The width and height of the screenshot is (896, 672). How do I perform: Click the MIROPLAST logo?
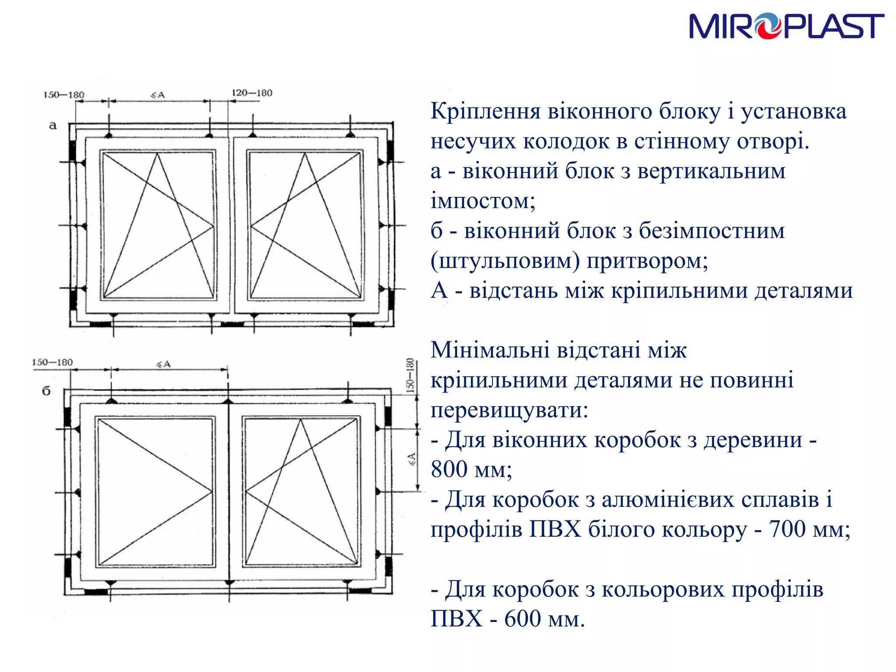click(786, 26)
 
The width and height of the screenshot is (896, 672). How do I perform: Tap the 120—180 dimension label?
click(252, 93)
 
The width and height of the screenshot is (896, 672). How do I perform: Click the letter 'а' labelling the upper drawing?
click(53, 126)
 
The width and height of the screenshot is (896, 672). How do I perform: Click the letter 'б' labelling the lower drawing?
click(46, 391)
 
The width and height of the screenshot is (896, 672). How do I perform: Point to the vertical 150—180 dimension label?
click(410, 375)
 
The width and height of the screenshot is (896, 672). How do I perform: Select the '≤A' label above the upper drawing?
click(157, 94)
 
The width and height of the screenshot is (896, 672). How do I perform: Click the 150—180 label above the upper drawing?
click(64, 95)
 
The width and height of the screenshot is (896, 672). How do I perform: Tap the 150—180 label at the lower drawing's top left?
click(52, 362)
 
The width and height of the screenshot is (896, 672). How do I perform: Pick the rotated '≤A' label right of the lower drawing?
click(412, 459)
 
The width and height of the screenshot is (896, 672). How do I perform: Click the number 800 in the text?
click(449, 469)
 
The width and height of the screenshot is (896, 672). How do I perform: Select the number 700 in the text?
click(787, 529)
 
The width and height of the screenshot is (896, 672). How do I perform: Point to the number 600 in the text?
click(522, 619)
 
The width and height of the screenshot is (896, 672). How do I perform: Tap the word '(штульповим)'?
click(505, 261)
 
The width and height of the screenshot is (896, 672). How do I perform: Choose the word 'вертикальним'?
click(711, 171)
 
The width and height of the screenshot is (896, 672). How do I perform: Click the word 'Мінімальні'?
click(490, 350)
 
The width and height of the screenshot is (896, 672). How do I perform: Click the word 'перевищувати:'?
click(509, 410)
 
